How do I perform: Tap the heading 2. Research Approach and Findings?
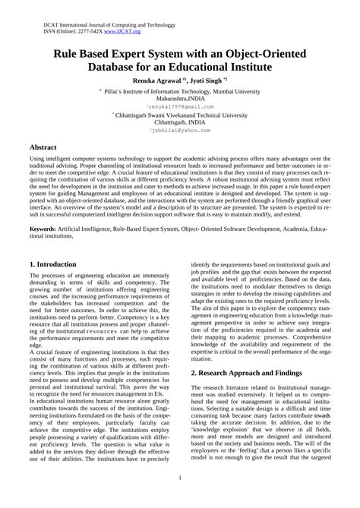coord(256,353)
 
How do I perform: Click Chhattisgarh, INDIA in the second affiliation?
coord(181,122)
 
